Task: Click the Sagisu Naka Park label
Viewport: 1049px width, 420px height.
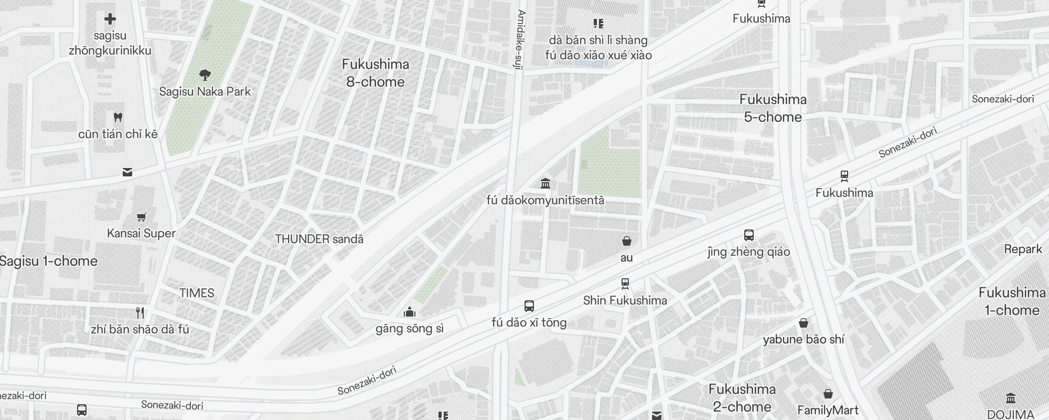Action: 205,91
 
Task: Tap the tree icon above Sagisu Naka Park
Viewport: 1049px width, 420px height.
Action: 205,76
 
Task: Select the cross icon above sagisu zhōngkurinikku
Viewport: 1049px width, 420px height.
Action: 110,19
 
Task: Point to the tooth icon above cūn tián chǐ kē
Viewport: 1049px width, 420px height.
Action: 118,117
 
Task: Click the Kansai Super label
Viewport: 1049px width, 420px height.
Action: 141,233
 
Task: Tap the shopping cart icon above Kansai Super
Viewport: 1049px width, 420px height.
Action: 141,217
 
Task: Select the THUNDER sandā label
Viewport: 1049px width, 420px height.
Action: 319,239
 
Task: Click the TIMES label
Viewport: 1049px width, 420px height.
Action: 197,293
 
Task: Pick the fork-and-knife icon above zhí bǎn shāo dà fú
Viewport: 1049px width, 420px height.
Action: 140,313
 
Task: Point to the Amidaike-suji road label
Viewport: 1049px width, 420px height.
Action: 520,39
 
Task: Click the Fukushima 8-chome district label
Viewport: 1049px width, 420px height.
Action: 376,73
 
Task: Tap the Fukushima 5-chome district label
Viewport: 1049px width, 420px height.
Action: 773,108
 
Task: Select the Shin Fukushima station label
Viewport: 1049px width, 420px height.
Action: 625,300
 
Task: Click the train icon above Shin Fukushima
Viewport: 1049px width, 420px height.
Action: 625,284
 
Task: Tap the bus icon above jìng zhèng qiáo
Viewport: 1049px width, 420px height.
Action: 749,235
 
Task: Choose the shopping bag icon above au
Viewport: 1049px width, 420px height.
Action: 626,241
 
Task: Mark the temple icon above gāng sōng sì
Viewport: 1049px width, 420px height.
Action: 410,313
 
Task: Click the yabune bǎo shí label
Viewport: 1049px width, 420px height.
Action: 804,339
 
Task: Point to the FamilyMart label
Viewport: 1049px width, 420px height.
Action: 828,410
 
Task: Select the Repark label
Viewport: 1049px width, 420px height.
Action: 1023,249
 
